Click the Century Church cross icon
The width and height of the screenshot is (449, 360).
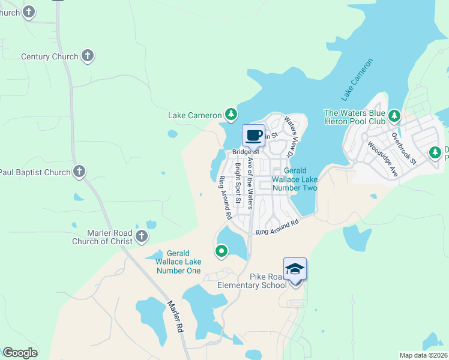click(88, 56)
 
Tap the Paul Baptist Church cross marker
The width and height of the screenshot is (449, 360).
click(79, 172)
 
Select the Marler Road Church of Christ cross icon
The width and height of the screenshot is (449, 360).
click(142, 236)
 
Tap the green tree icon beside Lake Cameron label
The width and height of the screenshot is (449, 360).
click(231, 114)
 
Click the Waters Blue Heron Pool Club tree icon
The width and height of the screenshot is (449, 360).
click(394, 115)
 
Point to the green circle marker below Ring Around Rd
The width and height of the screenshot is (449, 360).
click(221, 251)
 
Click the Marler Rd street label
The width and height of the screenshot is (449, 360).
click(175, 317)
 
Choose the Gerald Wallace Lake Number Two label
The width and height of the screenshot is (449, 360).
click(294, 179)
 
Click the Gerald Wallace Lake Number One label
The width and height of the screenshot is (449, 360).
click(178, 262)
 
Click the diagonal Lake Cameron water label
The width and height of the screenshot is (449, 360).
click(357, 79)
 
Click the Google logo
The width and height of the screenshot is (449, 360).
click(20, 353)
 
